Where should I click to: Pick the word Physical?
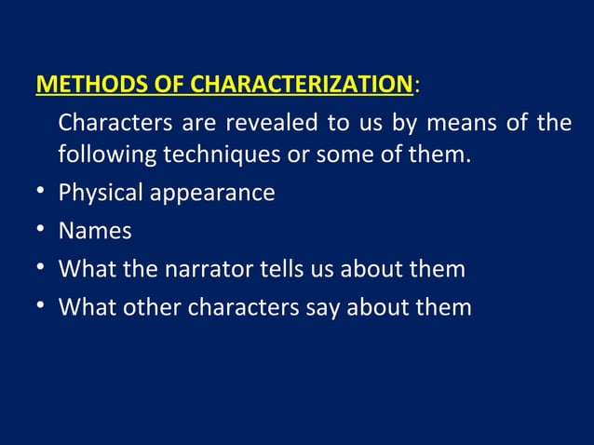tap(98, 194)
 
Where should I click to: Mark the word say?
tap(324, 306)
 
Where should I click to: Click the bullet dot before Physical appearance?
tap(34, 194)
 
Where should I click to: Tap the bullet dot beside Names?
tap(34, 231)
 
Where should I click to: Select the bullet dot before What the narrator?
tap(34, 269)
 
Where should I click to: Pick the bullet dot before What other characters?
tap(34, 306)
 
